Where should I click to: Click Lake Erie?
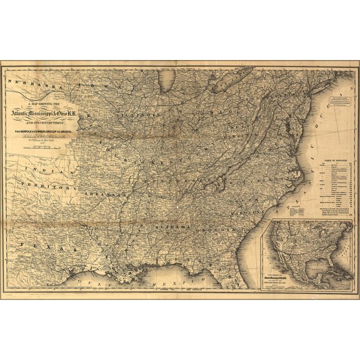coord(222,88)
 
